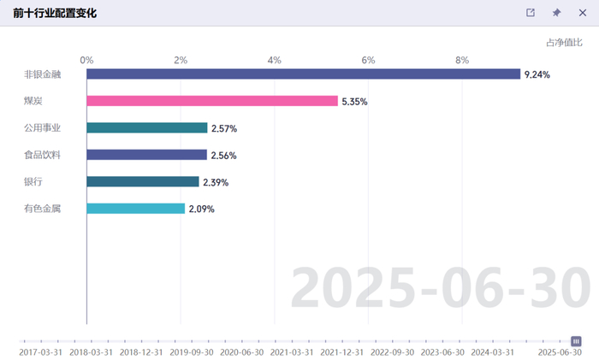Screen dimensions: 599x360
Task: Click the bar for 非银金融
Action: pyautogui.click(x=303, y=74)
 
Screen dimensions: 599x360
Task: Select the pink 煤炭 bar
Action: pyautogui.click(x=212, y=101)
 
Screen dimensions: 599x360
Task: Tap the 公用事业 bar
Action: pyautogui.click(x=147, y=128)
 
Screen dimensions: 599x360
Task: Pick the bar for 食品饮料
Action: pyautogui.click(x=146, y=155)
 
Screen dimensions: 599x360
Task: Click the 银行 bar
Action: pyautogui.click(x=143, y=182)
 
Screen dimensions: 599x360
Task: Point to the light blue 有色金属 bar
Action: pyautogui.click(x=135, y=209)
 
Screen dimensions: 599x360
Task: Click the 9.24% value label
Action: pyautogui.click(x=537, y=75)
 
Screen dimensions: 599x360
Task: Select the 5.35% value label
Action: pyautogui.click(x=354, y=102)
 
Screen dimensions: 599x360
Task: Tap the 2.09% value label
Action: pyautogui.click(x=202, y=210)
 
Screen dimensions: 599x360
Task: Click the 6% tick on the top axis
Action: pyautogui.click(x=368, y=60)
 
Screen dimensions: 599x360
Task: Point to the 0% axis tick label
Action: pyautogui.click(x=86, y=60)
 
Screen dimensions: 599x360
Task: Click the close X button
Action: pyautogui.click(x=583, y=13)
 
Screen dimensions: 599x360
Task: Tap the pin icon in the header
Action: pyautogui.click(x=556, y=13)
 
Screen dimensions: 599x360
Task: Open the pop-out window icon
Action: pyautogui.click(x=531, y=13)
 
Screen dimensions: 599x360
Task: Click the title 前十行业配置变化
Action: pyautogui.click(x=55, y=13)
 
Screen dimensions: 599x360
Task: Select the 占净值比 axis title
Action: pyautogui.click(x=564, y=43)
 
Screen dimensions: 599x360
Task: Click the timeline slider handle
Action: pyautogui.click(x=576, y=341)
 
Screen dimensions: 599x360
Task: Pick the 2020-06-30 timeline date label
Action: pyautogui.click(x=242, y=352)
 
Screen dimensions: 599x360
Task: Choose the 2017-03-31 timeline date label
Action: pyautogui.click(x=40, y=352)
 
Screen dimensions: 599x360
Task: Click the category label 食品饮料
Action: pyautogui.click(x=43, y=155)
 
